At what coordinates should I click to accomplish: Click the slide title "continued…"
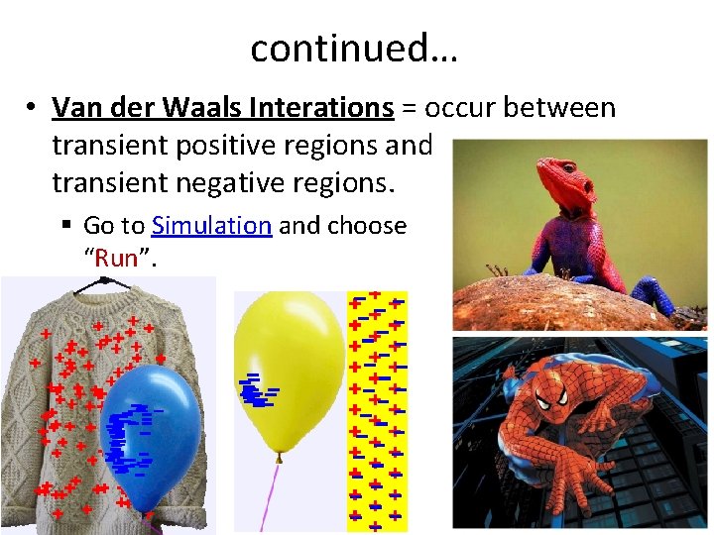(x=354, y=47)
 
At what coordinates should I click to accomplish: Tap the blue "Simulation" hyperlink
(x=212, y=226)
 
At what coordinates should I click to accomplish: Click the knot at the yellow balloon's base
(x=281, y=458)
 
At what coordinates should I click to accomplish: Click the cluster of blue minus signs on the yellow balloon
(x=256, y=393)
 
